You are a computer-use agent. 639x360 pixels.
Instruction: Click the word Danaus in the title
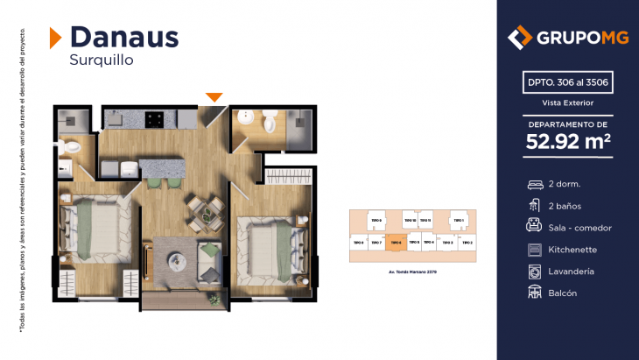coord(123,36)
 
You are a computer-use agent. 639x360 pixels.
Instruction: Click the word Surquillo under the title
coord(101,60)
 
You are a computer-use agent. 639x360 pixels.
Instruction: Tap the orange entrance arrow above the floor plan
coord(214,96)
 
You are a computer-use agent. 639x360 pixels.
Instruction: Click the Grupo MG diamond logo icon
coord(520,38)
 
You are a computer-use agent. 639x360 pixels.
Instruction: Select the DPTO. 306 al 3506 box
coord(568,84)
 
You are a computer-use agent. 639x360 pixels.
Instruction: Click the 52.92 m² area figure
coord(568,141)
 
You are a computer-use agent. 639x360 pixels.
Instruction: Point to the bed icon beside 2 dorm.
coord(534,185)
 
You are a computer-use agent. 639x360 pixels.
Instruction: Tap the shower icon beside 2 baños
coord(534,206)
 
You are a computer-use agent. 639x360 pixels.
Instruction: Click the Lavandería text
coord(571,272)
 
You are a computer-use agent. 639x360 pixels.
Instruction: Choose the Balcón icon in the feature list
coord(534,293)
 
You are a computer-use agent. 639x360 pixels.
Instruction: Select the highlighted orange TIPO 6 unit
coord(394,242)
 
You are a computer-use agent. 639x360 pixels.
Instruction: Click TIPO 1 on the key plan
coord(456,221)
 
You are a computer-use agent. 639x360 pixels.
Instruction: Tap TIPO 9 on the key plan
coord(376,221)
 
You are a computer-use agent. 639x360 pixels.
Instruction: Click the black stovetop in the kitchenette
coord(156,117)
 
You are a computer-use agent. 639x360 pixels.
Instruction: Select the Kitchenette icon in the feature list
coord(534,250)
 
